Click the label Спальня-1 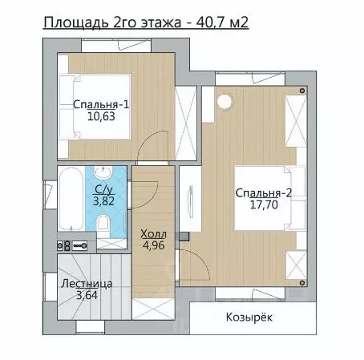(101, 104)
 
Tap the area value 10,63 (101, 116)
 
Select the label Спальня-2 (264, 193)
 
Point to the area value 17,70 (264, 205)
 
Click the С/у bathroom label (104, 189)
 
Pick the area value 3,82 (103, 201)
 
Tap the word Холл (153, 234)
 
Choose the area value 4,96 (153, 245)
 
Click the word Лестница (87, 284)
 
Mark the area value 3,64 (87, 295)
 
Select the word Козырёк (249, 318)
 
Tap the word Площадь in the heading (76, 23)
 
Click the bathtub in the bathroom (71, 198)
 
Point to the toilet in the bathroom (103, 226)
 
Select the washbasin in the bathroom (103, 172)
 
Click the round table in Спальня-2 (224, 102)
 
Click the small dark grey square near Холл (184, 237)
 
